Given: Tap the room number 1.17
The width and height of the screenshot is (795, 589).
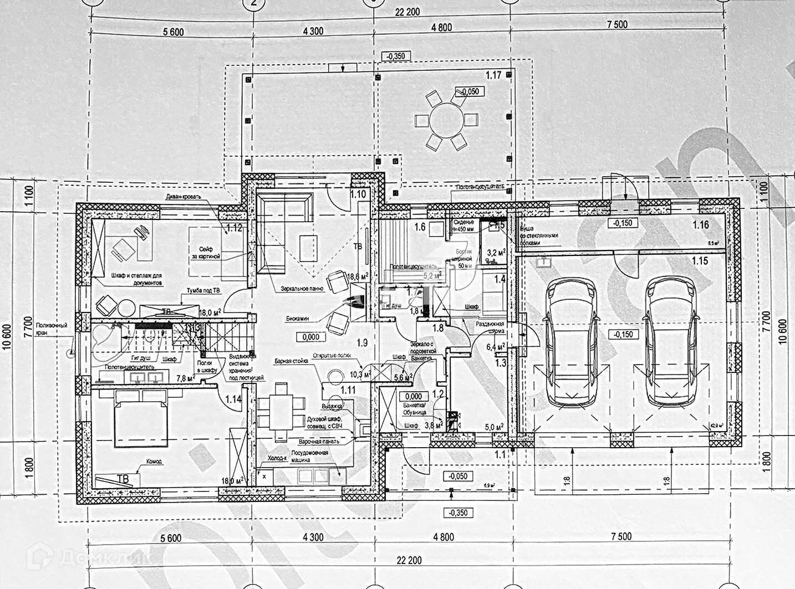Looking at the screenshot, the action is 493,75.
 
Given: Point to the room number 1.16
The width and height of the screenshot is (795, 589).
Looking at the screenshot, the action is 700,225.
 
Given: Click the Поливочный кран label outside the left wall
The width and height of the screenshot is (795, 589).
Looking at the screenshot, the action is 52,329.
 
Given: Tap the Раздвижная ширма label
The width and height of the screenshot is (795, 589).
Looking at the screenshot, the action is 490,327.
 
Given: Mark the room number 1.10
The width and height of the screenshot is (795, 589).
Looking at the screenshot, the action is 358,194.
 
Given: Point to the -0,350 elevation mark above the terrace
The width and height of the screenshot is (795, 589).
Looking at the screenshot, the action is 396,56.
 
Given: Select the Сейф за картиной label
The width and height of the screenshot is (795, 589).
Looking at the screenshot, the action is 206,253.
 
